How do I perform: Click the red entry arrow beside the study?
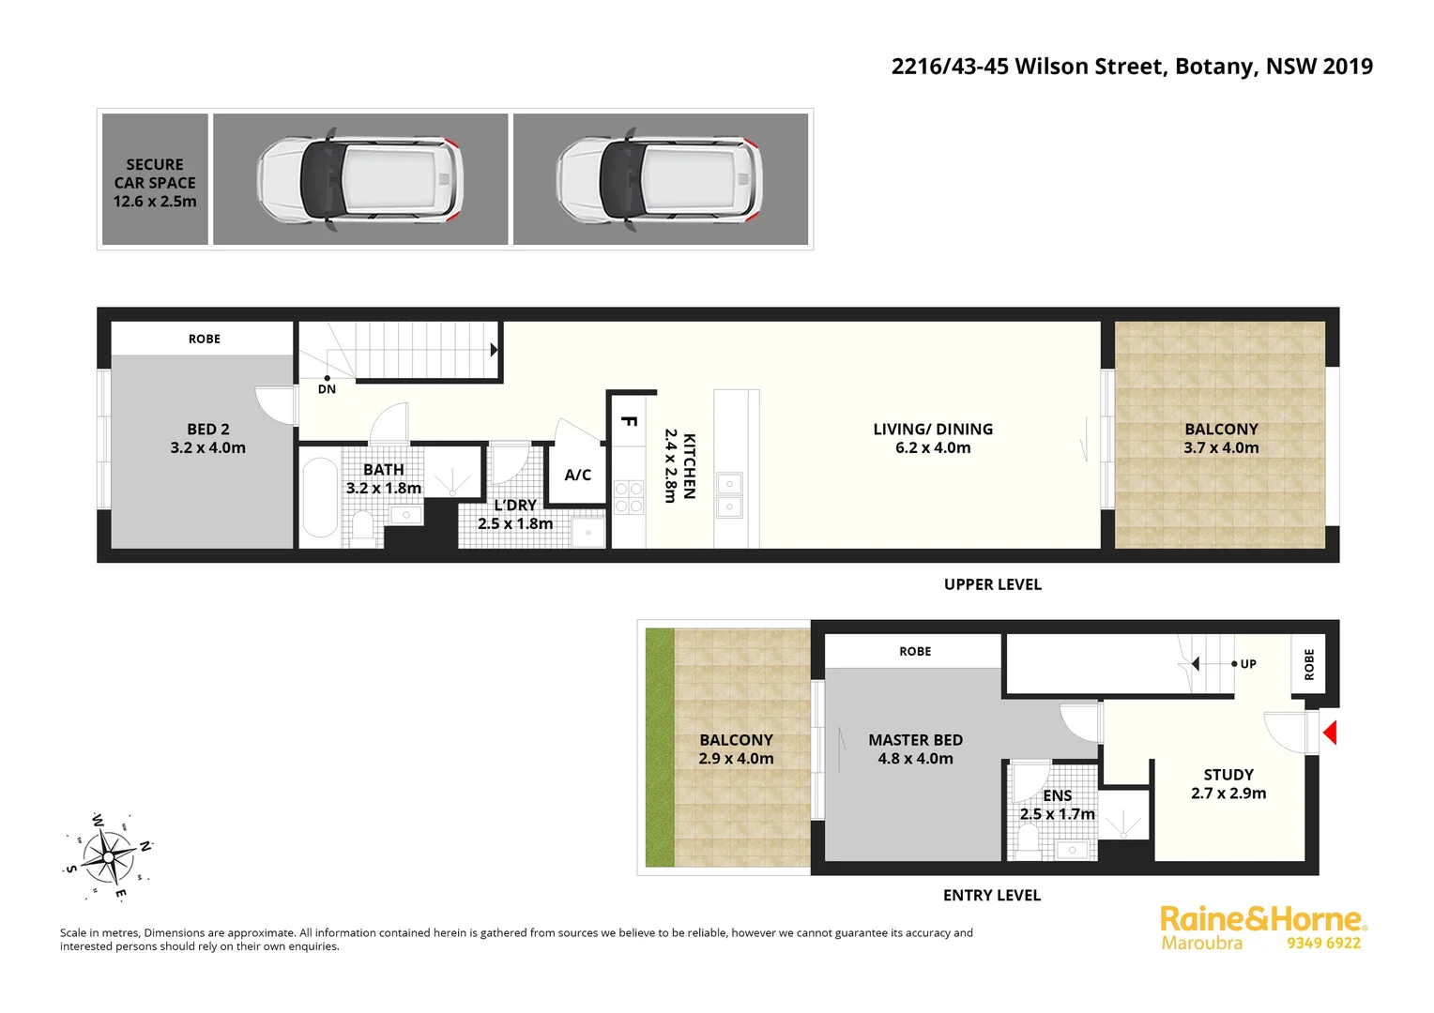click(x=1329, y=732)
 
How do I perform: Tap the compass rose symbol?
click(x=109, y=856)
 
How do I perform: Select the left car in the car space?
click(x=360, y=179)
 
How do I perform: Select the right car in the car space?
click(x=660, y=179)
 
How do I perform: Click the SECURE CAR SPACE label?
click(x=155, y=183)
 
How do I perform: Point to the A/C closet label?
click(x=578, y=475)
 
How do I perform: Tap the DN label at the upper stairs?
click(x=327, y=389)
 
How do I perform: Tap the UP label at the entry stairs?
click(x=1248, y=664)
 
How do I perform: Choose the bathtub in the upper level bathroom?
click(x=320, y=497)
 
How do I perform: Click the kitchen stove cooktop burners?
click(x=629, y=497)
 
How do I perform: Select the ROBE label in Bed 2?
click(x=204, y=340)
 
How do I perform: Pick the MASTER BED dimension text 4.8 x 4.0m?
click(x=915, y=759)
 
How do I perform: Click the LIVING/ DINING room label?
click(x=933, y=430)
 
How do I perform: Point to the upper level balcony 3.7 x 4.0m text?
click(x=1221, y=448)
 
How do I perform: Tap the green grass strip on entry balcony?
click(x=660, y=748)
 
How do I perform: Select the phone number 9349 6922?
click(x=1323, y=944)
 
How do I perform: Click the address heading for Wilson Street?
click(x=1132, y=67)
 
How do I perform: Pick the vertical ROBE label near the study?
click(x=1309, y=664)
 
